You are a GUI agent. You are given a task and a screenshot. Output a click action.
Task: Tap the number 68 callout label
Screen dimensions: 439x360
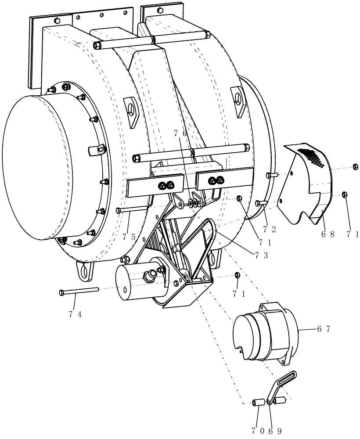pos(328,234)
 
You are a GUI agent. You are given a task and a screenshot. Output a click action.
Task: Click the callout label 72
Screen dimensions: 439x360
pos(270,228)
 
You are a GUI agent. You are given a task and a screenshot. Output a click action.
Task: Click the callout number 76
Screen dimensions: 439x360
pos(180,133)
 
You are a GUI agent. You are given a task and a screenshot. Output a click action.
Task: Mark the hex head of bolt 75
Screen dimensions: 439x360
pos(119,211)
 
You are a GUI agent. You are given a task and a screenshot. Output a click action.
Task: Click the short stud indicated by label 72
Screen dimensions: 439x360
pos(259,203)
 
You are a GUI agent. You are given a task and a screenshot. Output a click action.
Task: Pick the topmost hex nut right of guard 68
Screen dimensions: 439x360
pos(355,166)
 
